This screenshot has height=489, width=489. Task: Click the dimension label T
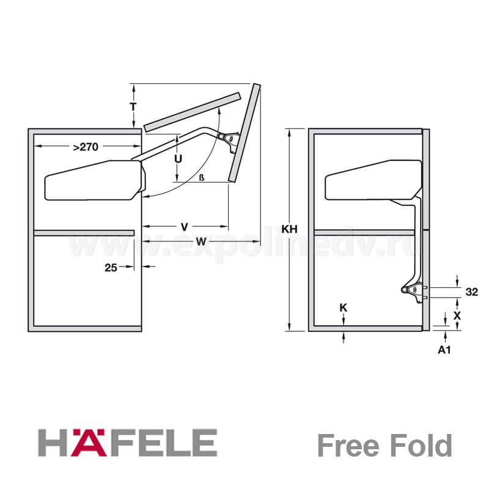(x=133, y=106)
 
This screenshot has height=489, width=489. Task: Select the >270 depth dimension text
(x=86, y=147)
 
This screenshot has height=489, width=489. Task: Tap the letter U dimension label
(x=178, y=159)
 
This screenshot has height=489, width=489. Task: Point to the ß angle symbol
(x=202, y=178)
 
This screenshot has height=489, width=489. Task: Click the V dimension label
(x=185, y=227)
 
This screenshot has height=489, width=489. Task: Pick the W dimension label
(x=202, y=241)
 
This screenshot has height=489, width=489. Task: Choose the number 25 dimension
(x=111, y=268)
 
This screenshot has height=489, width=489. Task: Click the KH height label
(x=289, y=229)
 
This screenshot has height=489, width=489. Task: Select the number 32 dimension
(x=471, y=292)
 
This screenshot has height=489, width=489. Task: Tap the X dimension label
(x=457, y=316)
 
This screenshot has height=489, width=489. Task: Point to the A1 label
(x=444, y=350)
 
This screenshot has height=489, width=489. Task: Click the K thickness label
(x=343, y=308)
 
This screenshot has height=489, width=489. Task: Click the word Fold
(x=422, y=446)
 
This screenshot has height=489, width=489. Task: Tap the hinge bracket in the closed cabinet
(x=414, y=292)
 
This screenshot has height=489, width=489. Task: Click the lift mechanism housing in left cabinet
(x=95, y=180)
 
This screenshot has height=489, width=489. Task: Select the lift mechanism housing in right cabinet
(x=373, y=180)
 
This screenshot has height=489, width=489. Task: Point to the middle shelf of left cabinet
(x=84, y=233)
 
